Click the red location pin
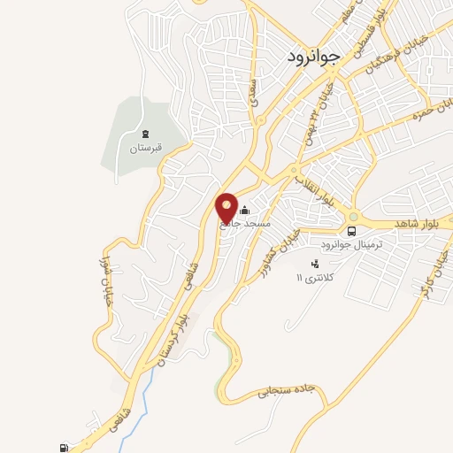point(227,207)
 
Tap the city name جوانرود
point(313,58)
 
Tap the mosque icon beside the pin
point(245,211)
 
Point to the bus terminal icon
point(353,231)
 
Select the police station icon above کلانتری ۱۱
point(314,264)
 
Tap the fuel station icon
point(64,448)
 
